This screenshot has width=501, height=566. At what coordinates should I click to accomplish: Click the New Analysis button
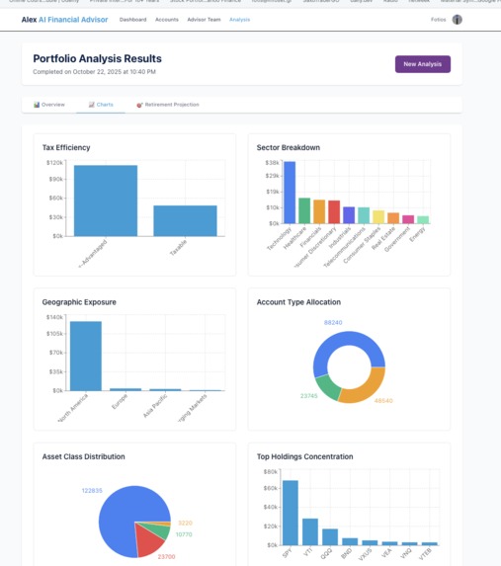422,64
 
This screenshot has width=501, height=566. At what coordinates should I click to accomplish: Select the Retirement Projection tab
167,104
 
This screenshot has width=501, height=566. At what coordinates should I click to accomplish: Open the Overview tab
48,104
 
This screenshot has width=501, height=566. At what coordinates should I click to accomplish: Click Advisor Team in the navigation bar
203,20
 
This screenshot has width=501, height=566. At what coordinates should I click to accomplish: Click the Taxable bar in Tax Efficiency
185,220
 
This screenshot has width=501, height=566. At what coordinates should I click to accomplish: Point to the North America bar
86,356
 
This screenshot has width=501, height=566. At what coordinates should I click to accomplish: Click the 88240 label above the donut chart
333,322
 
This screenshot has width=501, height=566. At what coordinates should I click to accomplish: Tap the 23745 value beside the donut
309,395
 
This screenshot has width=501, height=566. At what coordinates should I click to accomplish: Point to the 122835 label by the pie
93,490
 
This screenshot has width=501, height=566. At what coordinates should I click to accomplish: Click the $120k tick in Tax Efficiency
54,162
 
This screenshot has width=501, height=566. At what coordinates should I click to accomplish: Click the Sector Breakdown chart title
288,147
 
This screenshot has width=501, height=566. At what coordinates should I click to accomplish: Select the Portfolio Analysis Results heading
97,58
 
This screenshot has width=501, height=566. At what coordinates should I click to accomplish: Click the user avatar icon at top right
457,20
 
